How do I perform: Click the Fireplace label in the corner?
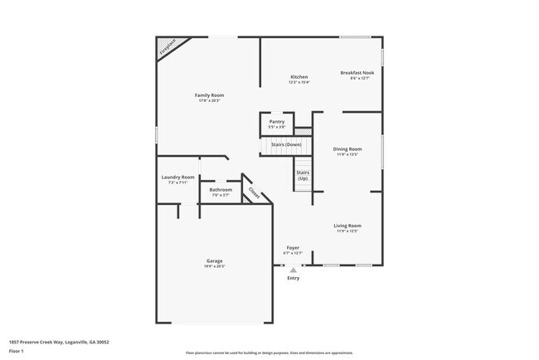point(168,46)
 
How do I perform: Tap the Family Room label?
point(209,95)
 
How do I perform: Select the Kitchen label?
point(299,76)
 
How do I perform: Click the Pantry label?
point(276,121)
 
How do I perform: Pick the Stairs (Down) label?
point(286,145)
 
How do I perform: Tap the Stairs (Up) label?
point(303,175)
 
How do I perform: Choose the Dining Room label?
point(347,149)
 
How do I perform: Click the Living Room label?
point(347,225)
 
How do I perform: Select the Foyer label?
point(293,247)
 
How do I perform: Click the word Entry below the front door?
point(294,278)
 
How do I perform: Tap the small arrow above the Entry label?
point(293,270)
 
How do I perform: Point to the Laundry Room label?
point(177,177)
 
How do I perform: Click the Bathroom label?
point(221,189)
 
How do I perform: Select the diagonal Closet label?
point(254,192)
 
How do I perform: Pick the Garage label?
point(215,260)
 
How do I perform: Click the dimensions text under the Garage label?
point(215,266)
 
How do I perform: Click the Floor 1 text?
point(16,351)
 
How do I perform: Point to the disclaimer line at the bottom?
point(269,353)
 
